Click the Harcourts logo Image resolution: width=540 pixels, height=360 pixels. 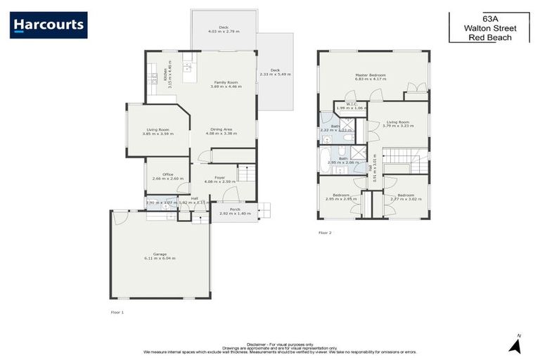[49, 25]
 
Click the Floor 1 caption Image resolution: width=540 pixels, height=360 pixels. [117, 311]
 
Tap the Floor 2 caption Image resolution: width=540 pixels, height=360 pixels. [324, 231]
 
